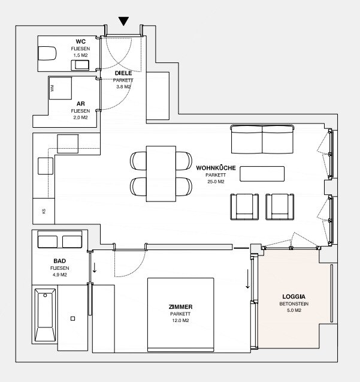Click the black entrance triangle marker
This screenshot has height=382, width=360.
point(123,21)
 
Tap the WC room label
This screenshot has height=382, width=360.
point(81,41)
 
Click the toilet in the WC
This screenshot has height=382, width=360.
point(47,53)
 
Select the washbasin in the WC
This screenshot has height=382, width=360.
point(80,65)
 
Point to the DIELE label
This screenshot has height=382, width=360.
point(123,73)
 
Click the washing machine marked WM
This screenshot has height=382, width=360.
point(60,88)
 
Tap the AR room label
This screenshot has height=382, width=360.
point(81,104)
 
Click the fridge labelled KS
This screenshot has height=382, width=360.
point(44,211)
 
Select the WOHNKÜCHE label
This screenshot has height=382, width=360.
point(216,168)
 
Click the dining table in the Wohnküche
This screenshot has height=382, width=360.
point(161,174)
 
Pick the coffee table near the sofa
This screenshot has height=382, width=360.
point(262,174)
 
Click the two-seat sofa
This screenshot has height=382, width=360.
point(262,139)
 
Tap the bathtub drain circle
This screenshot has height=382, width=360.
point(45,295)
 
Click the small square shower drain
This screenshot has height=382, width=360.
point(72,318)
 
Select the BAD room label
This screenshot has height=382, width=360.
point(60,261)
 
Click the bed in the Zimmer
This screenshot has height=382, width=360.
point(181,315)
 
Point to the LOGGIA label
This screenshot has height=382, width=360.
point(294,296)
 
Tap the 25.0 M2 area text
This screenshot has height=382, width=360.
point(216,182)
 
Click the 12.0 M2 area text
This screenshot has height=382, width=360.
point(181,320)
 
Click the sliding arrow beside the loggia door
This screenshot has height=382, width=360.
point(247,279)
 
